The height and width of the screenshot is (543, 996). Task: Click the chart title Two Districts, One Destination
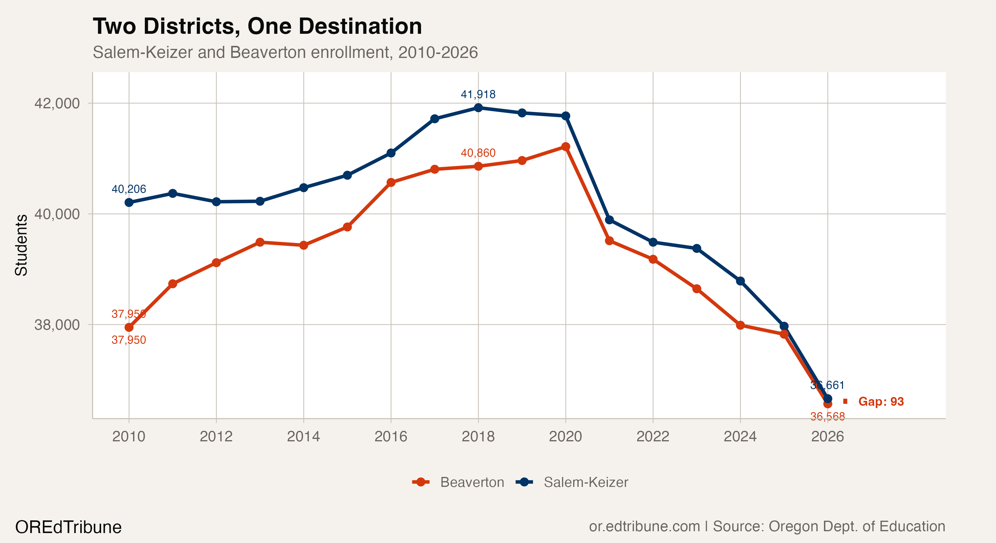click(x=257, y=26)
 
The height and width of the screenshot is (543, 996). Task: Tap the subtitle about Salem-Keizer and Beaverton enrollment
click(x=285, y=52)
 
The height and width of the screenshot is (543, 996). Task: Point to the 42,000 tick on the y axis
click(x=57, y=103)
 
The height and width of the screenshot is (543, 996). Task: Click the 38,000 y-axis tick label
click(x=57, y=325)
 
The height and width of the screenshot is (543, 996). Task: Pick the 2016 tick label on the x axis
click(x=391, y=436)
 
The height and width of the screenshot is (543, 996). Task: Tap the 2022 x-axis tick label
click(x=653, y=436)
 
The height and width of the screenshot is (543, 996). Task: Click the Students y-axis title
click(x=21, y=245)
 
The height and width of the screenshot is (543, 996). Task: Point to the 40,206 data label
click(x=129, y=189)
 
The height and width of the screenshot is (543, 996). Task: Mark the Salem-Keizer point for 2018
click(x=478, y=108)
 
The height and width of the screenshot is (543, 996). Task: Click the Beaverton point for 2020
click(x=566, y=147)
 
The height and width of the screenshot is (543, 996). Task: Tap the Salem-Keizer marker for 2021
click(x=609, y=220)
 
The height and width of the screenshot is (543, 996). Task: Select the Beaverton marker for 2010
click(x=129, y=327)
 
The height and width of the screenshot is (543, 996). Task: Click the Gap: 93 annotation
click(x=880, y=402)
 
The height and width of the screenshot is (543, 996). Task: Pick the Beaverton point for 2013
click(x=260, y=242)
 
